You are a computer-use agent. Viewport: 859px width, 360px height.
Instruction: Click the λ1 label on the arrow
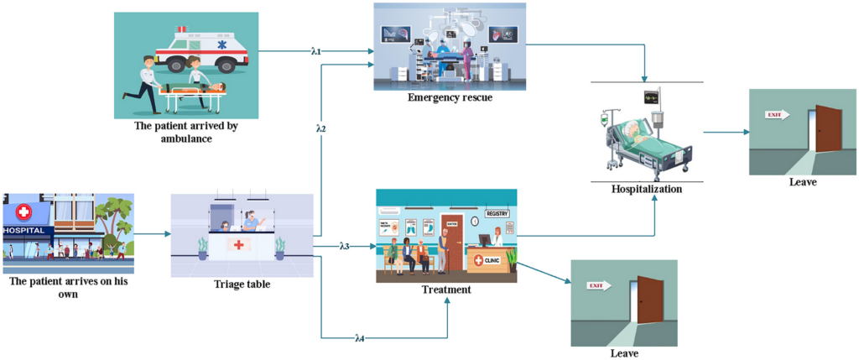pos(316,52)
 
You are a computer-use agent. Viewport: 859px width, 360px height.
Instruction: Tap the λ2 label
pos(320,128)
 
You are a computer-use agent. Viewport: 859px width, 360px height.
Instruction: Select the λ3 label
pos(344,247)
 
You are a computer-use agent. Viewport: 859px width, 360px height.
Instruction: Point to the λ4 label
pos(360,338)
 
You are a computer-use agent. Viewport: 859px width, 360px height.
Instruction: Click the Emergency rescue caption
pos(450,97)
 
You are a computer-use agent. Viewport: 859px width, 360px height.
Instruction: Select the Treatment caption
pos(445,290)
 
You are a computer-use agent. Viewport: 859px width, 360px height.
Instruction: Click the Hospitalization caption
pos(647,189)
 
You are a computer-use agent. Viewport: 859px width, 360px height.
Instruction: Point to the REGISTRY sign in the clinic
pos(497,213)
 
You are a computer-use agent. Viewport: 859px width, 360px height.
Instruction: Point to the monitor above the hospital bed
pos(651,97)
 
